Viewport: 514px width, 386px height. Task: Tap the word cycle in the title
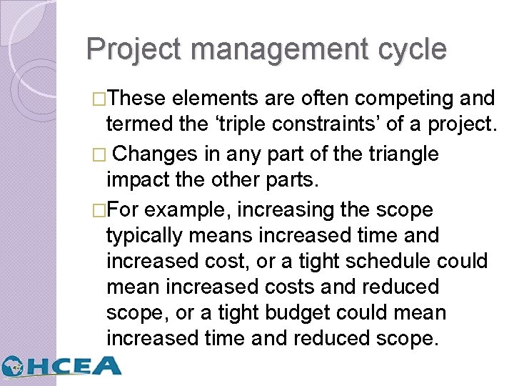coord(412,50)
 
